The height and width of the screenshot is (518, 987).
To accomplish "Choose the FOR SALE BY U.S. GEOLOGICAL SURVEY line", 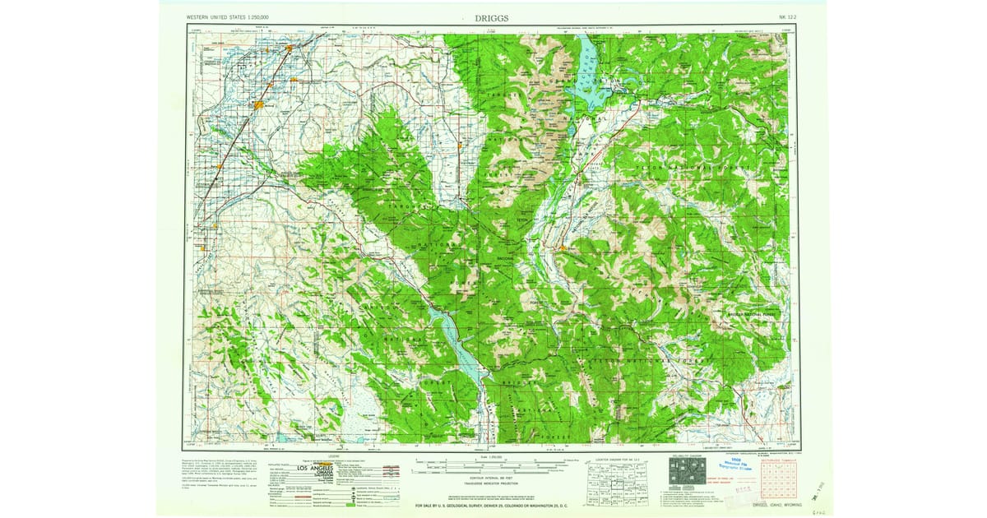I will coord(492,505).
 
